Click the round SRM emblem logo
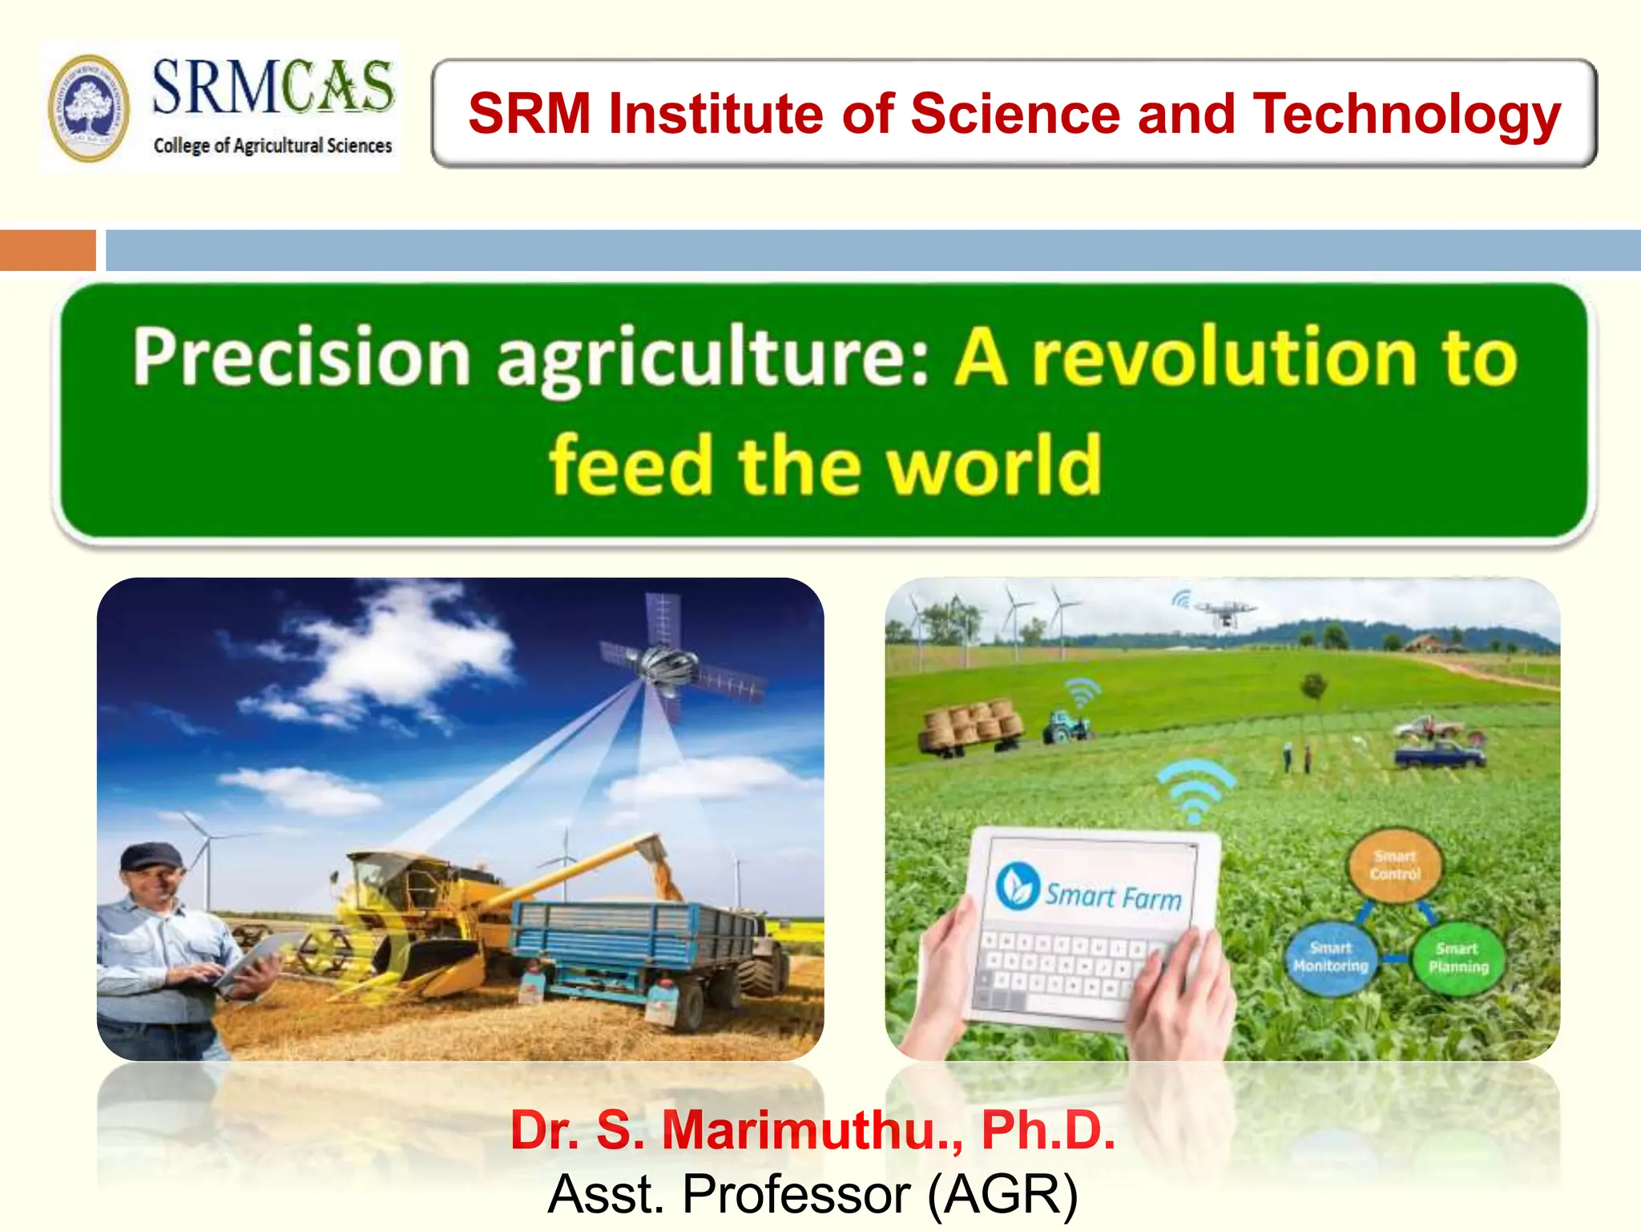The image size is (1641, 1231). tap(88, 108)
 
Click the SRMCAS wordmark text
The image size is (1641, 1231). tap(272, 87)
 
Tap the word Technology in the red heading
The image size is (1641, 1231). tap(1407, 114)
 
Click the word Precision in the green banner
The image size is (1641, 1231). tap(301, 358)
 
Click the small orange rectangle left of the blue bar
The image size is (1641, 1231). tap(47, 250)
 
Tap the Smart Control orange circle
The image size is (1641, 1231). tap(1394, 866)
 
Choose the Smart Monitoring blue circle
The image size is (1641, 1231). tap(1330, 958)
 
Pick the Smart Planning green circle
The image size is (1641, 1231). tap(1458, 958)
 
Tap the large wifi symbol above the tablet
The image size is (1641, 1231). tap(1195, 789)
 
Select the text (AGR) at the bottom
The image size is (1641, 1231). tap(1002, 1194)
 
